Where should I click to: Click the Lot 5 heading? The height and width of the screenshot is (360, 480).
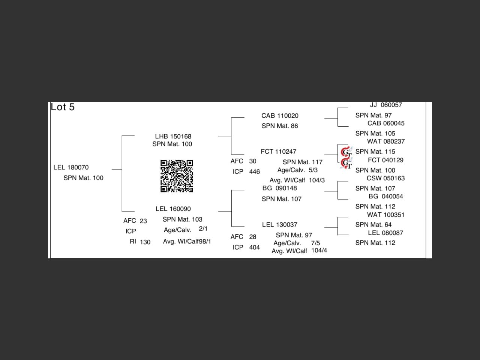(x=63, y=107)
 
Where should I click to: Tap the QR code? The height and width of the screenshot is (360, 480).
(x=177, y=176)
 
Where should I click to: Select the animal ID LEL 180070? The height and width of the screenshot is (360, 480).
(x=71, y=167)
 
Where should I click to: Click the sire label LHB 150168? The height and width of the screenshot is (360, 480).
(x=173, y=136)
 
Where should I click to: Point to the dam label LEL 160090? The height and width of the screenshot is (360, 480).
(x=173, y=209)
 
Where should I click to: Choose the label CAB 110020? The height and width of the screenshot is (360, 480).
(x=280, y=115)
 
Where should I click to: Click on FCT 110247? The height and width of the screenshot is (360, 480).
(x=278, y=151)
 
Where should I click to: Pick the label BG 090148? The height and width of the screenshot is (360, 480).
(x=279, y=188)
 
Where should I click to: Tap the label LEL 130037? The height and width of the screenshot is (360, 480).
(x=279, y=225)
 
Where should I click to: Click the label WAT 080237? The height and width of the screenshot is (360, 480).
(x=385, y=141)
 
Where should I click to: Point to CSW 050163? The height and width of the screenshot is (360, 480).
(x=385, y=178)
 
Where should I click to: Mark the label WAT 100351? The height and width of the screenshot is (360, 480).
(x=385, y=215)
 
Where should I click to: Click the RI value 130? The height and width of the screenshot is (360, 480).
(x=145, y=242)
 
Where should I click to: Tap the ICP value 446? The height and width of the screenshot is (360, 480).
(x=254, y=172)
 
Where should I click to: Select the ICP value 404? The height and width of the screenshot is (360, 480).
(x=254, y=247)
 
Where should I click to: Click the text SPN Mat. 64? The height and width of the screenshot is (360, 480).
(x=373, y=225)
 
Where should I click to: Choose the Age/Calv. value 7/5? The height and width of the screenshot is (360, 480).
(x=315, y=243)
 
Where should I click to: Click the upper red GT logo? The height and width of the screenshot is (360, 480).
(x=346, y=152)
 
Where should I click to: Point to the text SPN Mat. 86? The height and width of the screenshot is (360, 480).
(x=280, y=126)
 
